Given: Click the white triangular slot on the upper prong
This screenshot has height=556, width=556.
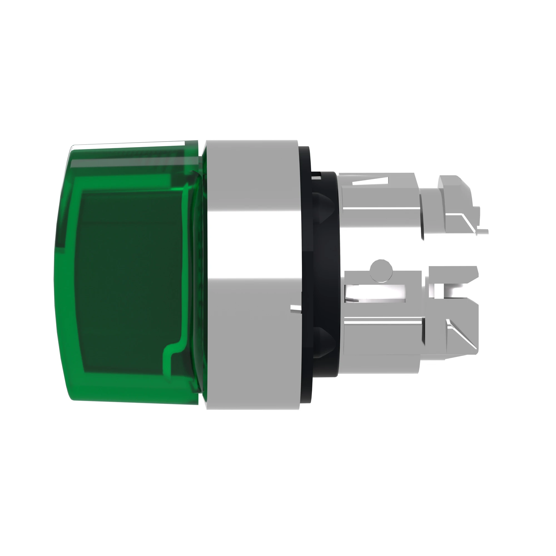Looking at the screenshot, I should click(x=369, y=181).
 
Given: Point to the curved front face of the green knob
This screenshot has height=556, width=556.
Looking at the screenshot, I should click(x=62, y=273).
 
